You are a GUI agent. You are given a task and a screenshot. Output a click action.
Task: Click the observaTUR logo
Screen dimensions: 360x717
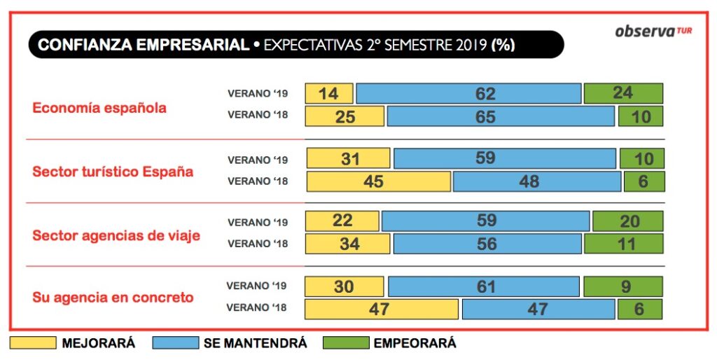(653, 32)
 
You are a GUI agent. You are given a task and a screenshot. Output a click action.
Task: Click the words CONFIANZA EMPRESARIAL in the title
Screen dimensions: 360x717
(143, 46)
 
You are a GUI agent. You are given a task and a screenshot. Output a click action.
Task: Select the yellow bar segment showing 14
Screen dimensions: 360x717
(329, 94)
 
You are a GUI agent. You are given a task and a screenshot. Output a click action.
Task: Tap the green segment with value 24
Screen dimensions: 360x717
(623, 94)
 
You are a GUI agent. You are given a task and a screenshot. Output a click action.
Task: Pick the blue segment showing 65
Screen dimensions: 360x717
(501, 117)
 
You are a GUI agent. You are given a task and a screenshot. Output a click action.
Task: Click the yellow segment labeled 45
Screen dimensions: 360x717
(378, 182)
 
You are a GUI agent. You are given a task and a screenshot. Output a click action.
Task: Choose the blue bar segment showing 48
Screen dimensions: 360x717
(537, 182)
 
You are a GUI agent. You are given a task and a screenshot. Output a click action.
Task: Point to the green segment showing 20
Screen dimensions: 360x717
(627, 221)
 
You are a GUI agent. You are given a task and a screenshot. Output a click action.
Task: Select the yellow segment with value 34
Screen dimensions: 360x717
(348, 244)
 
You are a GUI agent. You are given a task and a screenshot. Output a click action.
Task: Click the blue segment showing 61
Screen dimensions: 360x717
(484, 287)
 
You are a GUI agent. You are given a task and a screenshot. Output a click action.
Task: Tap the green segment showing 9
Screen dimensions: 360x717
(622, 287)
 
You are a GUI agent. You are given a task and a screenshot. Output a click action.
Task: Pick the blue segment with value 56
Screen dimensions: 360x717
(487, 244)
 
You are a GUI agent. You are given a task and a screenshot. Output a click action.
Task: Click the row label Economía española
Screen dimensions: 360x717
(99, 108)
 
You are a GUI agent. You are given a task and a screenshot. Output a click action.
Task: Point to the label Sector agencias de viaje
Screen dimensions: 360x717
(116, 235)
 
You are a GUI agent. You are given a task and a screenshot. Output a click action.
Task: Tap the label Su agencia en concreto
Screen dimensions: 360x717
(113, 297)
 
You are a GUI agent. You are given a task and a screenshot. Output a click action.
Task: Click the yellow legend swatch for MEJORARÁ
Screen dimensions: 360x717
(32, 343)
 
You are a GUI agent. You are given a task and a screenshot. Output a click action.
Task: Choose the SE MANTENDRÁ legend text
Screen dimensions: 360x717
(255, 343)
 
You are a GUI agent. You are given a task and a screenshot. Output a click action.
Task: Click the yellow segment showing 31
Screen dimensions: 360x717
(347, 159)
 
